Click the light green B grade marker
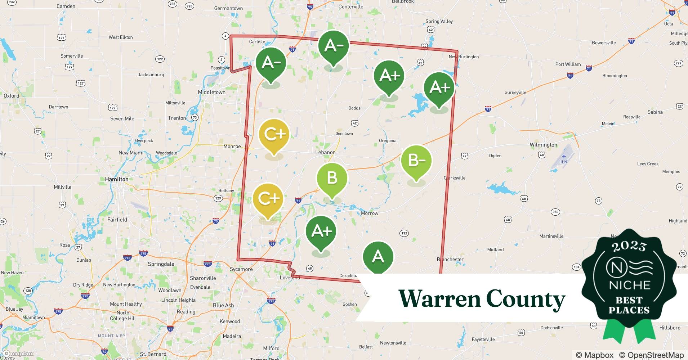[x=332, y=179]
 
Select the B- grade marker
[x=416, y=161]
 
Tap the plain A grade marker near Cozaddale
[x=378, y=256]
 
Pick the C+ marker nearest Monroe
[x=274, y=134]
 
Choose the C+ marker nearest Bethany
[x=268, y=199]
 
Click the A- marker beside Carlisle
[x=271, y=63]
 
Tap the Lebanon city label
[x=325, y=152]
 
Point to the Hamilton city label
[x=117, y=179]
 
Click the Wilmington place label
[x=543, y=145]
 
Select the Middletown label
[x=212, y=92]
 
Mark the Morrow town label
[x=370, y=213]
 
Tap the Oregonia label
[x=388, y=141]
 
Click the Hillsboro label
[x=670, y=328]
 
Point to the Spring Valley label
[x=439, y=21]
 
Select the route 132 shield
[x=404, y=233]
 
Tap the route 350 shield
[x=555, y=212]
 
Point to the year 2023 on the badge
[x=629, y=246]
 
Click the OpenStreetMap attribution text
[x=651, y=355]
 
